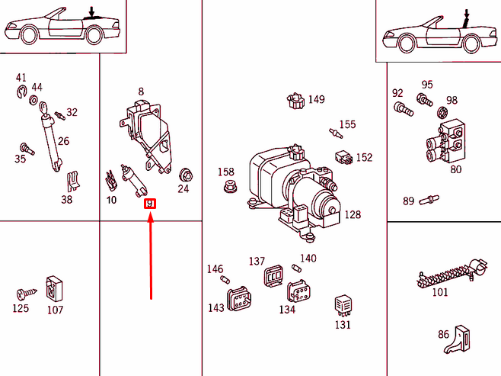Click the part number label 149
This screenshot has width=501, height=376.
(x=316, y=99)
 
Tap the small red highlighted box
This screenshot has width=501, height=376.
(x=150, y=203)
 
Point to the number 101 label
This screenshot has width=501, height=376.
(x=440, y=291)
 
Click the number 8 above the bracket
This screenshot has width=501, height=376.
(x=141, y=92)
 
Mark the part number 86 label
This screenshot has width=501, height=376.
(x=443, y=334)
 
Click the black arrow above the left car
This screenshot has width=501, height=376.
(x=92, y=11)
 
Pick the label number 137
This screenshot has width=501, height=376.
(x=257, y=262)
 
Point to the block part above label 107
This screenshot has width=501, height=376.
(x=54, y=288)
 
